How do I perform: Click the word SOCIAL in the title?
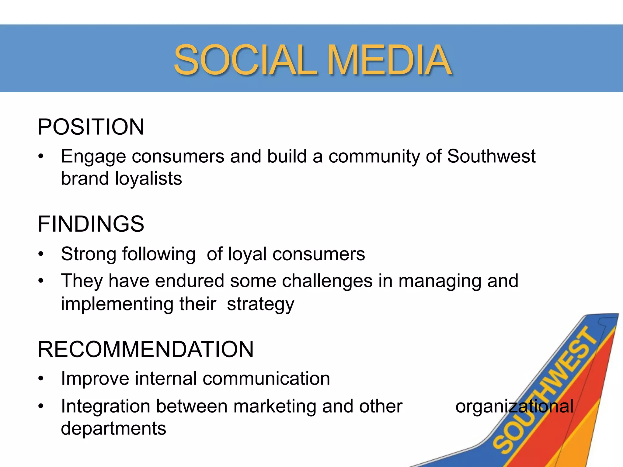pos(245,60)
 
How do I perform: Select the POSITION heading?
pos(91,127)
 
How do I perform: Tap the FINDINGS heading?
pos(91,224)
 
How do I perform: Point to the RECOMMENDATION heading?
pos(145,349)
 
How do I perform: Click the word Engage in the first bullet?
pos(93,157)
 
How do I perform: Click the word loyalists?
pos(148,178)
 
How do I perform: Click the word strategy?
pos(260,304)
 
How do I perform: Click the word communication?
pos(266,379)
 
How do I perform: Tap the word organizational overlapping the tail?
pos(514,406)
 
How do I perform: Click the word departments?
pos(113,428)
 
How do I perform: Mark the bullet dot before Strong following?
pos(41,254)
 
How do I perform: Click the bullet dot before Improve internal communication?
pos(41,379)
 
